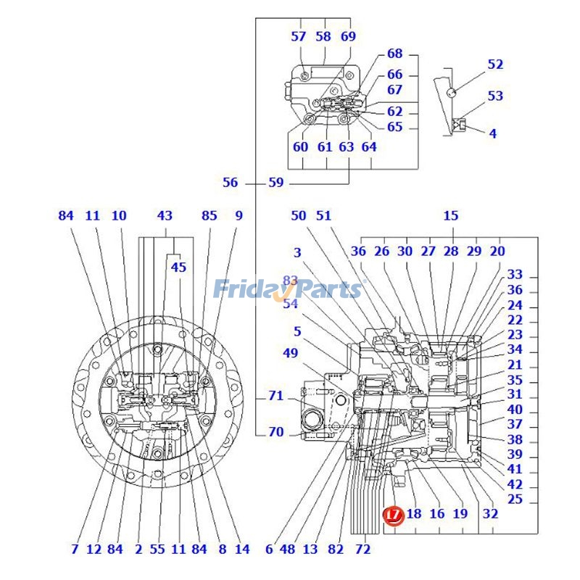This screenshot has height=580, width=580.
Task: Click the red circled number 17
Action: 392,515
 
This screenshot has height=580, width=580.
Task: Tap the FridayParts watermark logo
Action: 288,289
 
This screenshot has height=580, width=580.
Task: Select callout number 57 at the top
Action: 299,36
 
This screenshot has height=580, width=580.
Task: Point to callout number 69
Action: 349,36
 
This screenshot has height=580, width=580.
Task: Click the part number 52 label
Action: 495,65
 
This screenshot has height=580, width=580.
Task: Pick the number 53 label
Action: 495,96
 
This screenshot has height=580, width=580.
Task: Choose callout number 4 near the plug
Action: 493,133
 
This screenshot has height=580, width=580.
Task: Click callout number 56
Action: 230,183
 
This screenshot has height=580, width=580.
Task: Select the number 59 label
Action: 276,183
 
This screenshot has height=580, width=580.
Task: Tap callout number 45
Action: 178,267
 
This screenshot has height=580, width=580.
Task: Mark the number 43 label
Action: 165,215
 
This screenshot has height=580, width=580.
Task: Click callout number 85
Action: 209,215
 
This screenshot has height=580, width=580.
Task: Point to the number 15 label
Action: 451,215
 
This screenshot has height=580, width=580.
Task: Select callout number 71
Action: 276,396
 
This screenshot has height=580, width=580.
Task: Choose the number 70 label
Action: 276,432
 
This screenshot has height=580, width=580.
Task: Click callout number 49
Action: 290,353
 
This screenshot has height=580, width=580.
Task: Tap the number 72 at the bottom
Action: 363,550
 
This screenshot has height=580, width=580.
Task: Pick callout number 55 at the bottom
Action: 157,550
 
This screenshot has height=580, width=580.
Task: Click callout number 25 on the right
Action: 515,500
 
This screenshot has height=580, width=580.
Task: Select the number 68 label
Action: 394,54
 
